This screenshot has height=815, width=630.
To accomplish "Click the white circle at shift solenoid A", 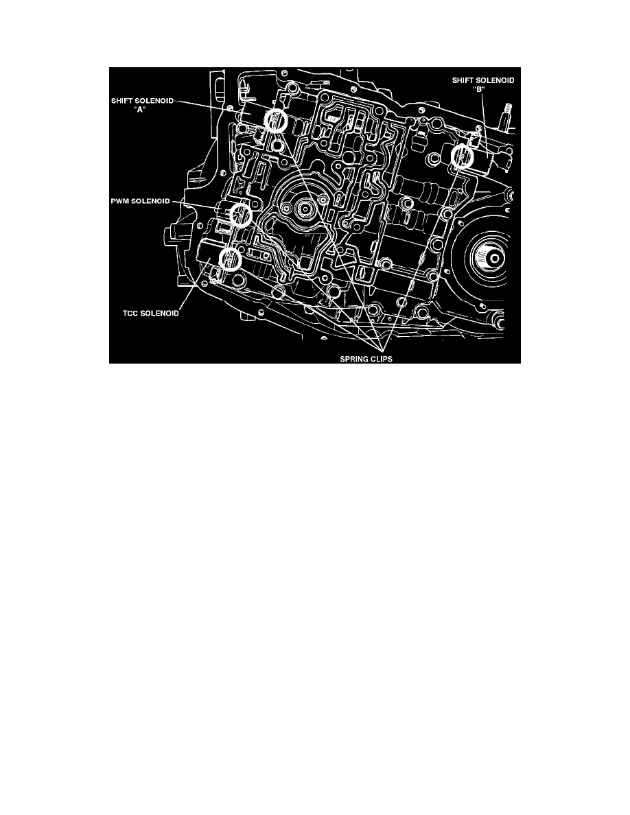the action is [x=275, y=119].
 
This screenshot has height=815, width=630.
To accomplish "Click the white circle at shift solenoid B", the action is [x=461, y=156].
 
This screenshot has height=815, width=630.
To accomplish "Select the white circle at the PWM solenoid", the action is [x=240, y=215].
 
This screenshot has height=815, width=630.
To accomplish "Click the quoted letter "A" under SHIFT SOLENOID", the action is [x=143, y=110].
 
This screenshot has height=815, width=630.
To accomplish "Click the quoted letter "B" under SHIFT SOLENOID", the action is [x=482, y=89].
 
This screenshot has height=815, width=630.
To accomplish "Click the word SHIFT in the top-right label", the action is [x=464, y=80].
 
